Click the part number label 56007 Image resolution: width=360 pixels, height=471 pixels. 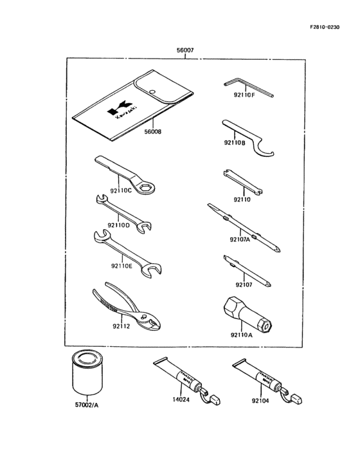pos(185,50)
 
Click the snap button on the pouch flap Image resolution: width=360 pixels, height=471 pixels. pos(152,92)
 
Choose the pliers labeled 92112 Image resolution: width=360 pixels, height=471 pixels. pos(125,308)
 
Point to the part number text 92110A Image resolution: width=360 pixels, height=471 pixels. pos(242,335)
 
